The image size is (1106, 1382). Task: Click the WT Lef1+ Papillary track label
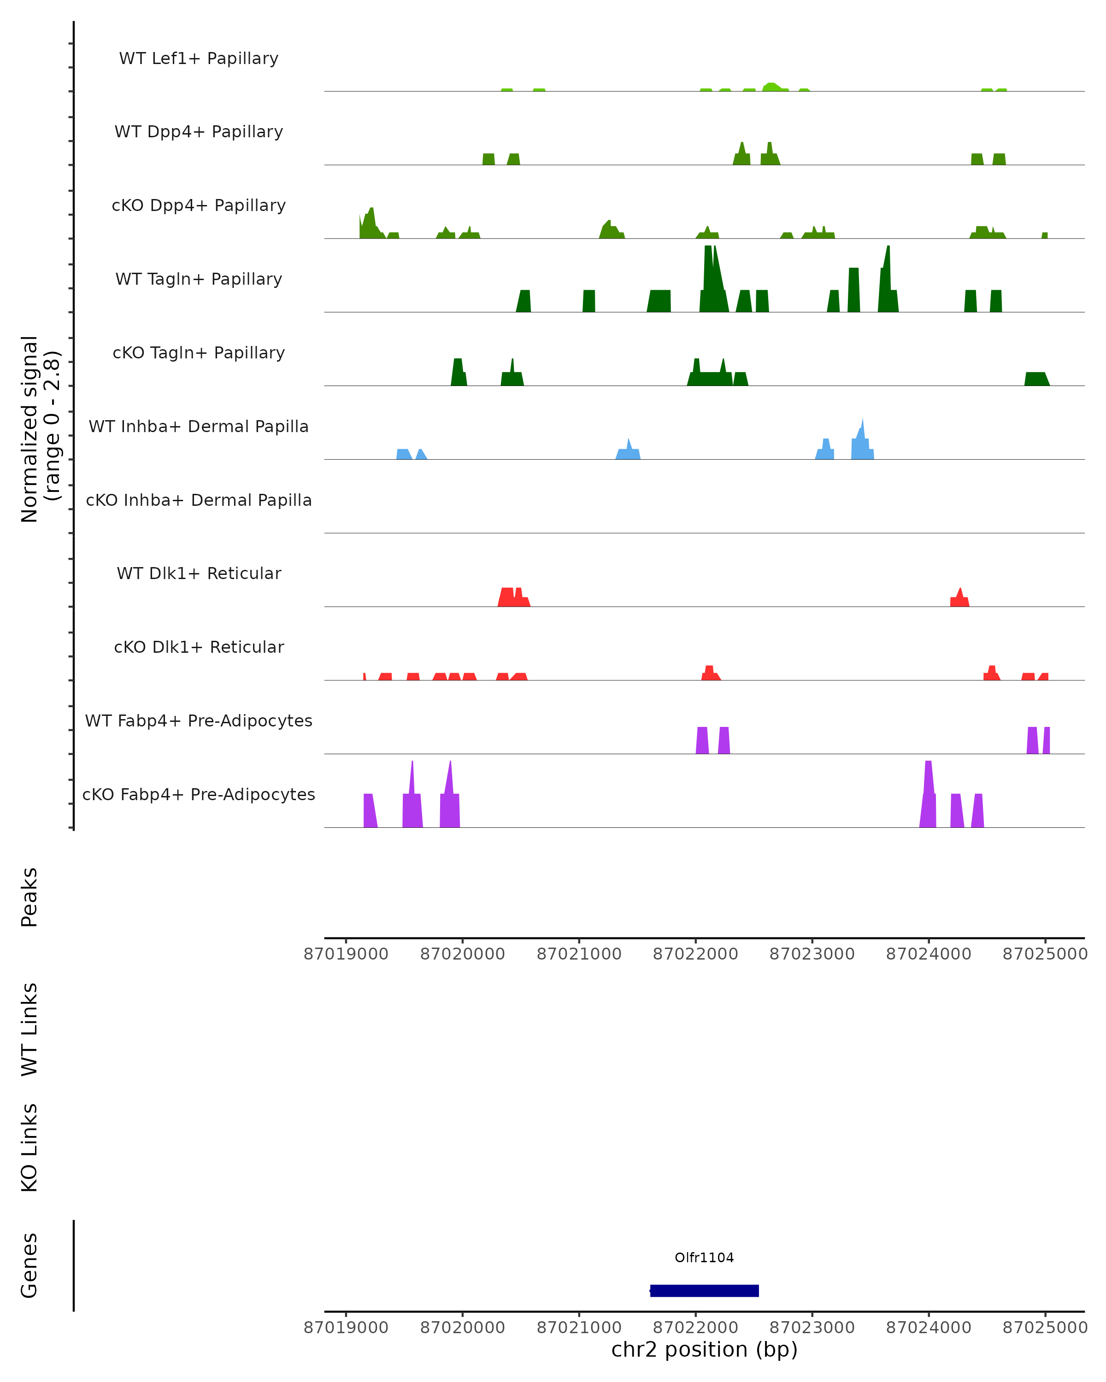click(199, 59)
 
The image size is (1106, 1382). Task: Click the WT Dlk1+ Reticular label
click(199, 573)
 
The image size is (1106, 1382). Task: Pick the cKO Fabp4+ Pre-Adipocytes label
click(199, 794)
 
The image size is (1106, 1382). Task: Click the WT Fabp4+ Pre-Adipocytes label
click(199, 720)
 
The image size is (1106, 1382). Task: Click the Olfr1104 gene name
click(704, 1258)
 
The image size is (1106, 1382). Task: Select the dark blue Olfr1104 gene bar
click(704, 1290)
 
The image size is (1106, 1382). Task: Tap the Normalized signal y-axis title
click(40, 429)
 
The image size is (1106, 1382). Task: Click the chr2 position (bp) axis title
click(704, 1349)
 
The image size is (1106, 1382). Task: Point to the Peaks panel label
click(29, 897)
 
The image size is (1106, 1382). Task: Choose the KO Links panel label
click(29, 1148)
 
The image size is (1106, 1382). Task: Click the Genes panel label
click(29, 1265)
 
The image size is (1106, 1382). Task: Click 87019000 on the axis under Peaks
click(346, 954)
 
